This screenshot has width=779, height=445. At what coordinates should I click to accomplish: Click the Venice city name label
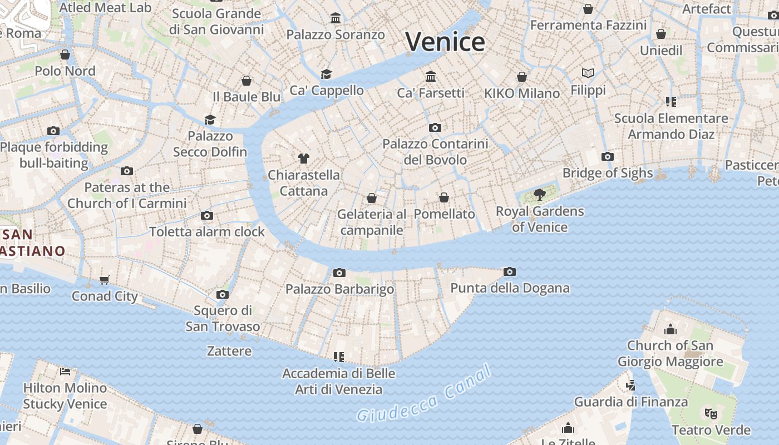[x=445, y=42]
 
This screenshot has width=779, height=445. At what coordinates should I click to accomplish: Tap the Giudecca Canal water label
[x=424, y=394]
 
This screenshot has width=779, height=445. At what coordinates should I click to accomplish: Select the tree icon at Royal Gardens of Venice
[x=539, y=195]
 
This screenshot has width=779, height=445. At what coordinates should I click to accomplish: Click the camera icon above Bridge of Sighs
[x=608, y=156]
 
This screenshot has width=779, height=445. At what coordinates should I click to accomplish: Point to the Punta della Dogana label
[x=510, y=288]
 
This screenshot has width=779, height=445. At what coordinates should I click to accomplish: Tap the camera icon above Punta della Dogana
[x=509, y=271]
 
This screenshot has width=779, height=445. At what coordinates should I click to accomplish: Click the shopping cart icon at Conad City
[x=105, y=279]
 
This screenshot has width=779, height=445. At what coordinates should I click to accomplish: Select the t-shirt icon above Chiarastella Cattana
[x=303, y=158]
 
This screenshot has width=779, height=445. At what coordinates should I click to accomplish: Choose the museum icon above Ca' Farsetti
[x=430, y=76]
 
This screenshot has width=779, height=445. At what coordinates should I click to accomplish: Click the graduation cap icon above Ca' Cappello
[x=326, y=74]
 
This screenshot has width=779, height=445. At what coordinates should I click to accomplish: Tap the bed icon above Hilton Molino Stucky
[x=65, y=371]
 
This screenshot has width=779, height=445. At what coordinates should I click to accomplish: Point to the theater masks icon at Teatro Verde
[x=711, y=413]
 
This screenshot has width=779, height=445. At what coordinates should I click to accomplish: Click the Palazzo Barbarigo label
[x=339, y=289]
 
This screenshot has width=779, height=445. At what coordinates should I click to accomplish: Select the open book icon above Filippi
[x=588, y=73]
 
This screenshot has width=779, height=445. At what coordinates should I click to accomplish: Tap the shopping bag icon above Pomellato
[x=444, y=197]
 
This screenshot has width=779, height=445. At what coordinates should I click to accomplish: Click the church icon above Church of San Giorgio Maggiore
[x=670, y=329]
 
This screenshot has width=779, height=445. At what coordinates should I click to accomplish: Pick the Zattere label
[x=229, y=351]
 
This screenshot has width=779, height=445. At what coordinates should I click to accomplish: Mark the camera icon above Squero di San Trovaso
[x=223, y=294]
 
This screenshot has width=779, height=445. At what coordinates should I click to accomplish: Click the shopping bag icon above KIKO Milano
[x=522, y=77]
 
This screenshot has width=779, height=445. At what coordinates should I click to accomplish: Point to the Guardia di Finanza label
[x=630, y=402]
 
